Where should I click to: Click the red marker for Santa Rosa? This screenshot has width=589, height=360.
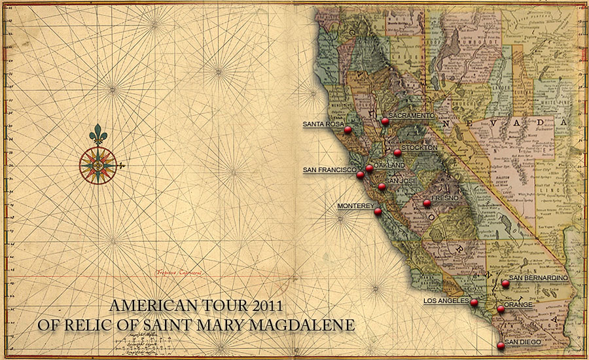[348, 130]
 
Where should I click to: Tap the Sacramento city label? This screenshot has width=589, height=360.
[411, 115]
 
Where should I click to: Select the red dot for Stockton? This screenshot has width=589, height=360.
[397, 153]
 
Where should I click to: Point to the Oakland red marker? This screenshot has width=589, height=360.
[369, 168]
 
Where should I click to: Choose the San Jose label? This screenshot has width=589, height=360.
[401, 181]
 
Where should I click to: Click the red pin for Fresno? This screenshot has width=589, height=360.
[427, 203]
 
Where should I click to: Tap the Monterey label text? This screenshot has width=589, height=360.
[355, 206]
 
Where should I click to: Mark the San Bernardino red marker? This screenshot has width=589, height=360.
[505, 283]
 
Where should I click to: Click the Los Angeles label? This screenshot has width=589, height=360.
[446, 301]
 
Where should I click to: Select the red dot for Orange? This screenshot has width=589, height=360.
[501, 309]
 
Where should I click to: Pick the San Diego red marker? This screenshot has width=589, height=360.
[501, 345]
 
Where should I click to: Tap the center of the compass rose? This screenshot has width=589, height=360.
[98, 165]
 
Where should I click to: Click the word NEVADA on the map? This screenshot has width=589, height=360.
[497, 124]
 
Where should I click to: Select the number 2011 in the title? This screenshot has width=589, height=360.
[267, 306]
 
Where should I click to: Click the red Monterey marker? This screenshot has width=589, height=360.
[378, 211]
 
